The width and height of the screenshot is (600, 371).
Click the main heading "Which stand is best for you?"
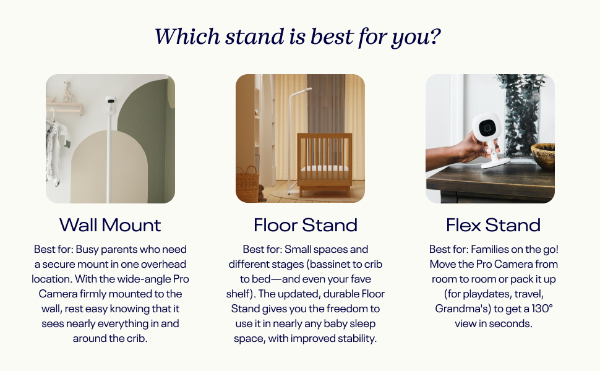pyautogui.click(x=298, y=37)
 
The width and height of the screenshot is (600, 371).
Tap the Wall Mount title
pyautogui.click(x=110, y=225)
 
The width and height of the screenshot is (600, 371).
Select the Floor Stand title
pyautogui.click(x=306, y=225)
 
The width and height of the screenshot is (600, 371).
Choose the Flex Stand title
pyautogui.click(x=493, y=225)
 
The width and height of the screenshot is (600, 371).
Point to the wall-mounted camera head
pyautogui.click(x=111, y=100)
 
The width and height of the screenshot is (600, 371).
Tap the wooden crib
pyautogui.click(x=325, y=164)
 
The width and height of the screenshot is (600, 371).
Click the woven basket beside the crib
pyautogui.click(x=247, y=184)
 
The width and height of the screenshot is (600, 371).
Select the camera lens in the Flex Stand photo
pyautogui.click(x=487, y=127)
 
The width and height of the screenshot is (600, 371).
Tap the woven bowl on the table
pyautogui.click(x=543, y=155)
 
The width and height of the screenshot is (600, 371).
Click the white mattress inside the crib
pyautogui.click(x=325, y=168)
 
